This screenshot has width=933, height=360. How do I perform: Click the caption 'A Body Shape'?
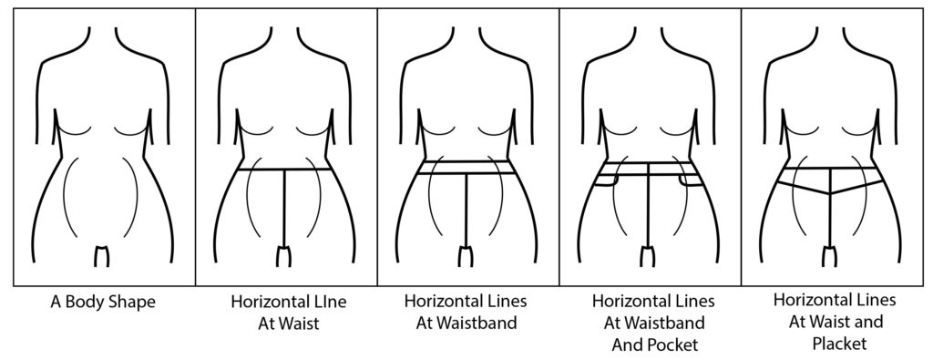pos(102,302)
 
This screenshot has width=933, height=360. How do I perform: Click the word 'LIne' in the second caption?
pos(329,302)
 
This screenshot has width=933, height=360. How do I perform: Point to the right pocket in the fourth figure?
pos(693,181)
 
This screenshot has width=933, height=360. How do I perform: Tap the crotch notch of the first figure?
pos(102,253)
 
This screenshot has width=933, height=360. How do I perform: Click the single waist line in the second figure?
pos(264,170)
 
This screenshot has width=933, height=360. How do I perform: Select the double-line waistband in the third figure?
pos(466,168)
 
